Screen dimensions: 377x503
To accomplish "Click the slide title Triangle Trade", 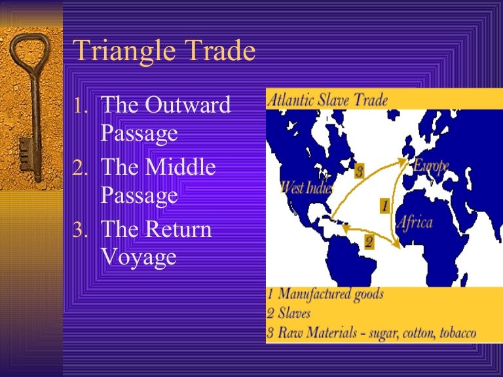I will tap(164, 51).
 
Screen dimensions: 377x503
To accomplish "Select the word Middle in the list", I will tap(180, 167).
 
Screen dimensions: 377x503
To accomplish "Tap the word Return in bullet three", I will tap(179, 229).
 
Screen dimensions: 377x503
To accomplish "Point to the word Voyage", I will tap(139, 256).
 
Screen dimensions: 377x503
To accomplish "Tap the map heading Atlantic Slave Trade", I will tap(327, 100).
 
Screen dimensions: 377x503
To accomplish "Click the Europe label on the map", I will tap(430, 166).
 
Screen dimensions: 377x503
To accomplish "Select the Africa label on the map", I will tap(415, 222).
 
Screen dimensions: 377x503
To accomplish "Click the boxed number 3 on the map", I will tap(359, 172).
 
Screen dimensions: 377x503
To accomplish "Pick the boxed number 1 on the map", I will tap(384, 206).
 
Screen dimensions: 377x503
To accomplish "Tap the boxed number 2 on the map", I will tap(369, 242).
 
